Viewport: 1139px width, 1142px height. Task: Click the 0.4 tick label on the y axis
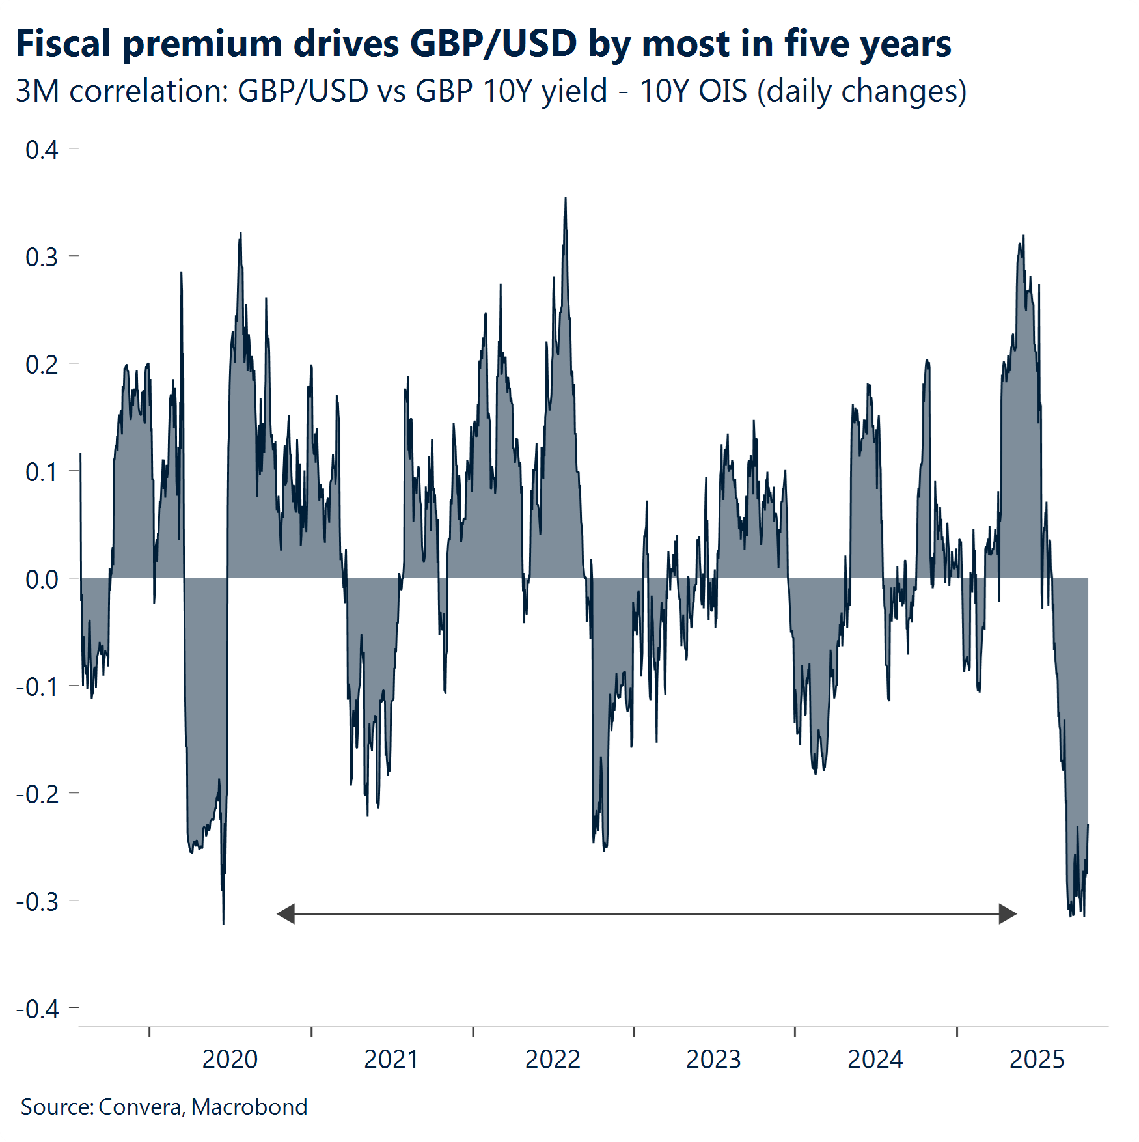tap(42, 150)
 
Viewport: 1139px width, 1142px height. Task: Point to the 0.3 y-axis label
tap(42, 257)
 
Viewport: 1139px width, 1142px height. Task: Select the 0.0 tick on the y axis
tap(42, 579)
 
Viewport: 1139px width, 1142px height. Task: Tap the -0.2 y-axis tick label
tap(38, 794)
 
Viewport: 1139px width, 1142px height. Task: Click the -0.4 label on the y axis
tap(38, 1009)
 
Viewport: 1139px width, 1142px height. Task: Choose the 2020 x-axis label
tap(230, 1059)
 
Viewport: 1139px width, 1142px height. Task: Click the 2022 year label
tap(553, 1059)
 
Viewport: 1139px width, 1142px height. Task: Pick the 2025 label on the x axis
tap(1037, 1059)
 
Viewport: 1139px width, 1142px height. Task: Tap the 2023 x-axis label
tap(713, 1059)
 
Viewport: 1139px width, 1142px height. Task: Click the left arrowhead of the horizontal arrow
tap(285, 913)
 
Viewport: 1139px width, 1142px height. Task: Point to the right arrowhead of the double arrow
tap(1008, 913)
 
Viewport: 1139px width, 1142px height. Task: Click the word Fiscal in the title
tap(63, 44)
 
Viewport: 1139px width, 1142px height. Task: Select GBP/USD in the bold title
tap(493, 44)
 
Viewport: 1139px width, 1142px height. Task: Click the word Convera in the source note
tap(140, 1107)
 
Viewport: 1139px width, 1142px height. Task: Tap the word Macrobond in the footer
tap(249, 1107)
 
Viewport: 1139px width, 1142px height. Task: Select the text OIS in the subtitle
tap(722, 91)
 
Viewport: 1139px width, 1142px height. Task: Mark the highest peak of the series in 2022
tap(566, 198)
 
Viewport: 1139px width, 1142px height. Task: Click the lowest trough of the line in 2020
tap(223, 923)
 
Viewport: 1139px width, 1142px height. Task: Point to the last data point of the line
tap(1088, 826)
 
